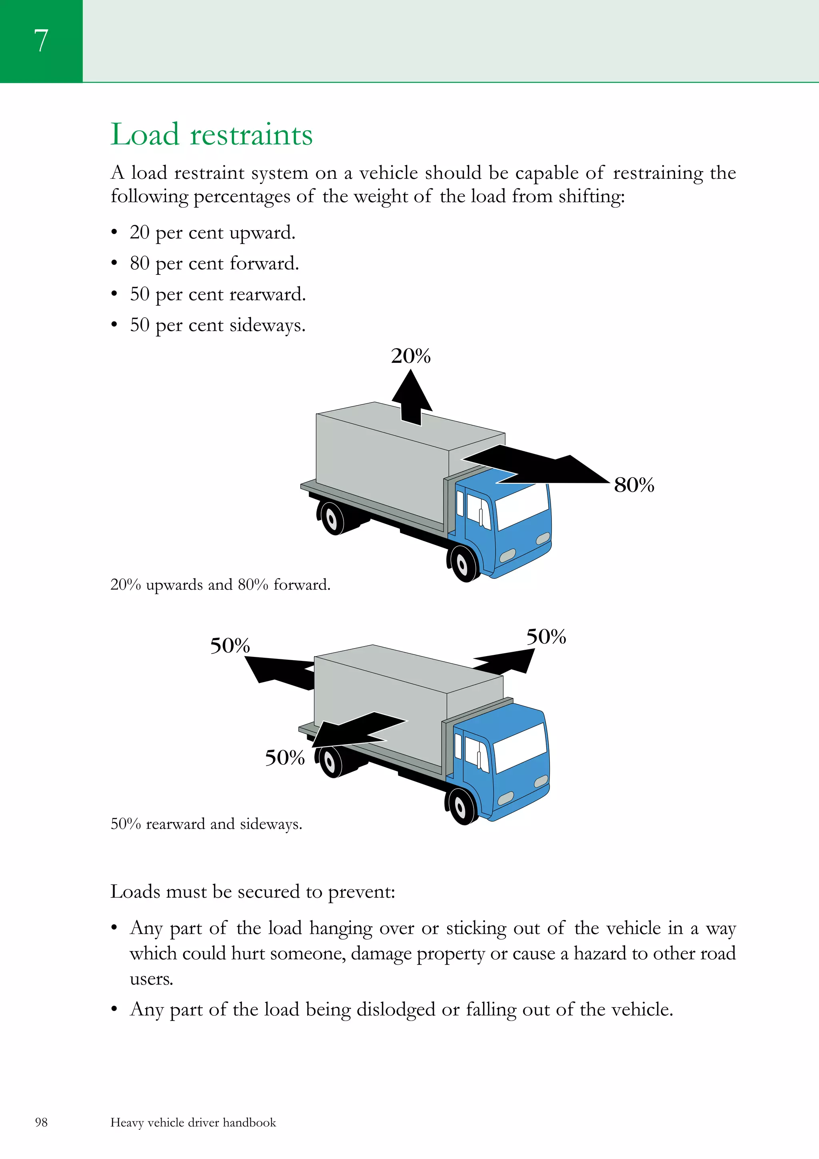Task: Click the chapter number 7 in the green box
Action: (41, 40)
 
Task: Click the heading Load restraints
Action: (212, 135)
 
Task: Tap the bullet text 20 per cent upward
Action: (212, 233)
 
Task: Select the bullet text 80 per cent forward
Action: (214, 264)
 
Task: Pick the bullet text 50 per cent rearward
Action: (218, 294)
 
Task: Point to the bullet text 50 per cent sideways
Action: (218, 325)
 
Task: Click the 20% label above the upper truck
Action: (411, 356)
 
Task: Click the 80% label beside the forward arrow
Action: (634, 485)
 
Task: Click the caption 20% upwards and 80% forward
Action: (220, 585)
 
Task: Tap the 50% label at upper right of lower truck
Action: (546, 637)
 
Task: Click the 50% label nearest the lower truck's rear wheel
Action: (285, 758)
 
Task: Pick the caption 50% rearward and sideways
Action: (206, 824)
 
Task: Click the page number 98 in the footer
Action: (41, 1122)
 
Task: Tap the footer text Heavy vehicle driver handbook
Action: (193, 1122)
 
